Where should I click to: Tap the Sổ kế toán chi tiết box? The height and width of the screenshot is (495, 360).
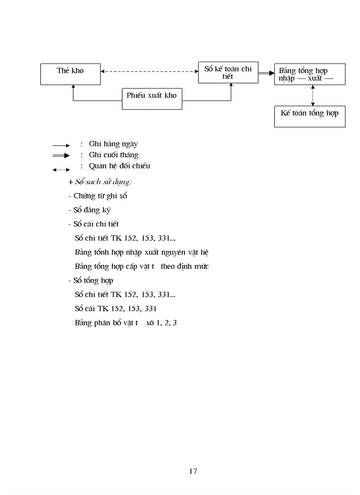[228, 72]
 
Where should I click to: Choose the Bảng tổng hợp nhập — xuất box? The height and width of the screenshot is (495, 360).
[310, 74]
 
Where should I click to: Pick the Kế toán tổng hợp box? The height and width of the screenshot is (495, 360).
[310, 116]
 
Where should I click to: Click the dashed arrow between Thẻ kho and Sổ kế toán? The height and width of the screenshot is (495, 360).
[149, 71]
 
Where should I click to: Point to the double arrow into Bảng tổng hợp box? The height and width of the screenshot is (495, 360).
[266, 73]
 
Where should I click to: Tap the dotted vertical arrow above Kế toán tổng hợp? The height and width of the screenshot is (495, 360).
[312, 95]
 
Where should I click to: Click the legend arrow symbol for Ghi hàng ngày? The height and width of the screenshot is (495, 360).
[61, 145]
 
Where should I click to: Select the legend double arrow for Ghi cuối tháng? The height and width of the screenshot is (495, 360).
[61, 156]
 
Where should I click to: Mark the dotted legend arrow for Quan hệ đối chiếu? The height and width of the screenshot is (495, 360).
[61, 169]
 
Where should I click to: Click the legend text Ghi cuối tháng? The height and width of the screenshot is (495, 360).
[113, 155]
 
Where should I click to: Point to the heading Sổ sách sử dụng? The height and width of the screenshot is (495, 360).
[100, 182]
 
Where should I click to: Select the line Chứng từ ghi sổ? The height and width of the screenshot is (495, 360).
[97, 196]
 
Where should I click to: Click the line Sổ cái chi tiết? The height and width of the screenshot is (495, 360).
[93, 224]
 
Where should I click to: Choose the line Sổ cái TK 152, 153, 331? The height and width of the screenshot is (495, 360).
[116, 309]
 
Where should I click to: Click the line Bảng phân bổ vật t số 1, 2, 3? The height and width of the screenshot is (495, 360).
[126, 323]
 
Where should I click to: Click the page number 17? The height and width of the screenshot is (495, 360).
[193, 471]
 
